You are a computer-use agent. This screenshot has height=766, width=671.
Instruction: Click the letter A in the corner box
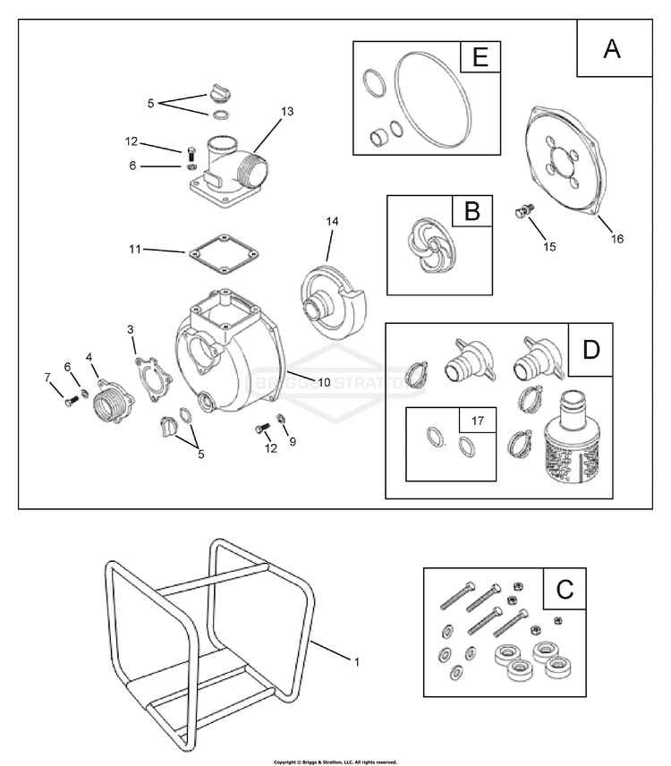612,48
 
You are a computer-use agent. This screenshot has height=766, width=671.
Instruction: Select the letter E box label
480,59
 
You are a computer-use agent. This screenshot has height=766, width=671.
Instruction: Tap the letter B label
472,212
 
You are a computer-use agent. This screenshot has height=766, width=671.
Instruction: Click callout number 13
286,111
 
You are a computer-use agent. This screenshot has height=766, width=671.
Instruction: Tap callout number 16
617,239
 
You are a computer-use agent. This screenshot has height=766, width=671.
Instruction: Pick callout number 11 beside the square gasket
134,250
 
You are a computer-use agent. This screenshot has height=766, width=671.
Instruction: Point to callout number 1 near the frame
357,662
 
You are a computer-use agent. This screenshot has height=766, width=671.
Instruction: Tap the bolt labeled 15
522,212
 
